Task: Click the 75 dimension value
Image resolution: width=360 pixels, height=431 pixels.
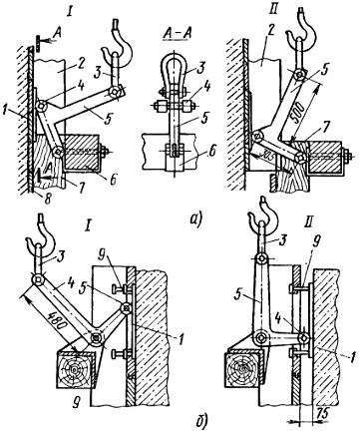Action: (x=321, y=414)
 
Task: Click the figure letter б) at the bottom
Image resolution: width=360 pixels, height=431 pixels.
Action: (x=199, y=420)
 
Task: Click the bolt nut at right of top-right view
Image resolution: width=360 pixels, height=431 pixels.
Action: (x=348, y=155)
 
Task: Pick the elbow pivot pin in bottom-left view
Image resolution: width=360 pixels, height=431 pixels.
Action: (x=97, y=337)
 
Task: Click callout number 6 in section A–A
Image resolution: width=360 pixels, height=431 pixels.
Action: (x=212, y=152)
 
